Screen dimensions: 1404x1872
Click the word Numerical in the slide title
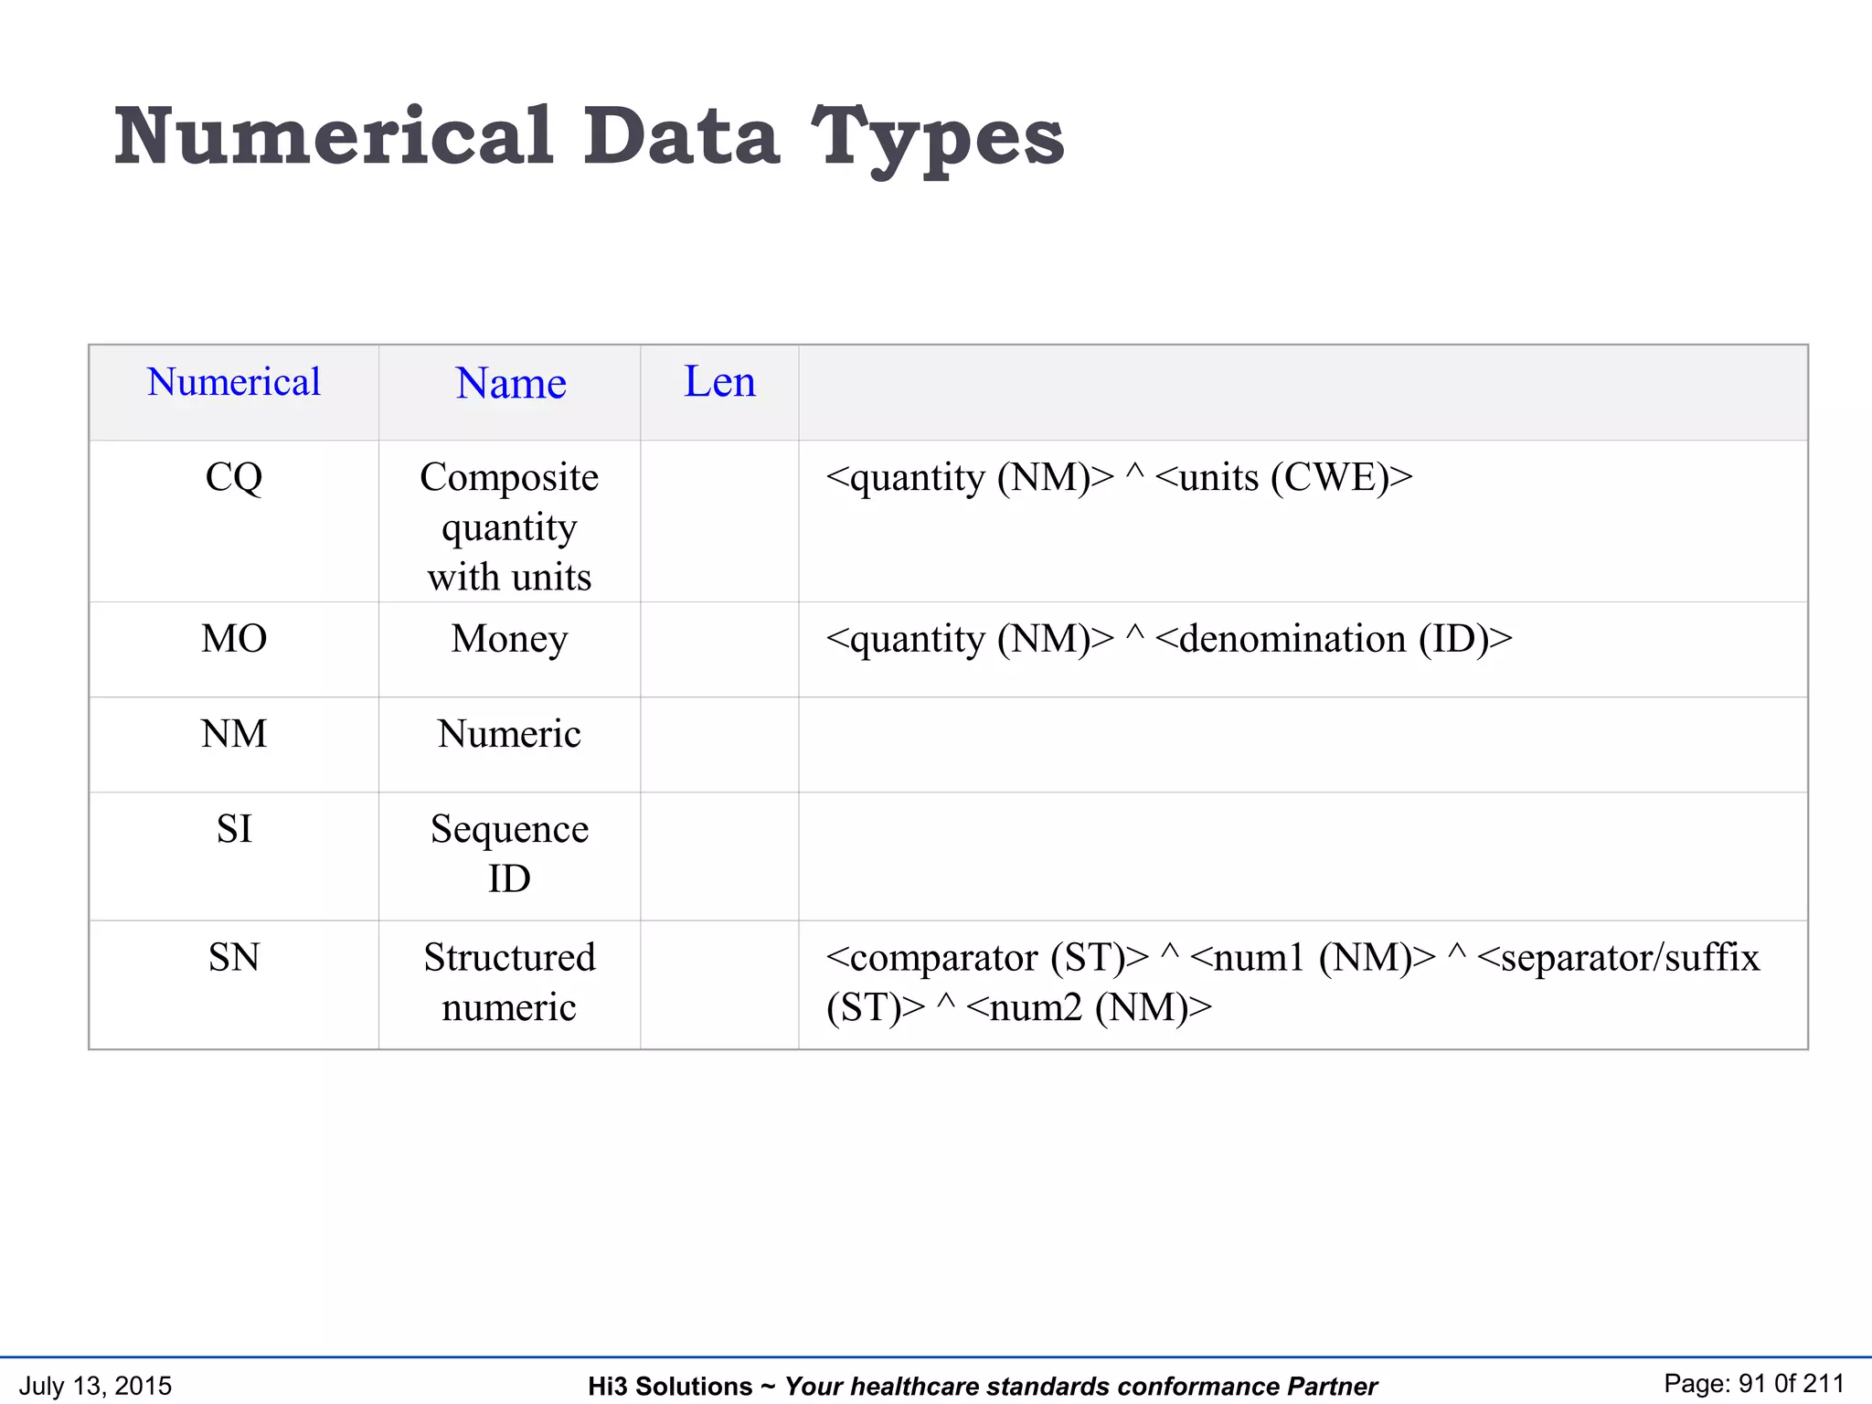pyautogui.click(x=334, y=137)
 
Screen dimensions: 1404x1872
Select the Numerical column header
pyautogui.click(x=233, y=382)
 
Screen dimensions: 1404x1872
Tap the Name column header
pyautogui.click(x=511, y=383)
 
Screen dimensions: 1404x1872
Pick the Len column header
pyautogui.click(x=719, y=382)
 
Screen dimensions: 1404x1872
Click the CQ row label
pyautogui.click(x=234, y=477)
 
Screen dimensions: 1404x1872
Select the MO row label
pyautogui.click(x=234, y=638)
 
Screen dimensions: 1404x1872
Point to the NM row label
pyautogui.click(x=234, y=734)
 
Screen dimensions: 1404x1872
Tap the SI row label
pyautogui.click(x=234, y=829)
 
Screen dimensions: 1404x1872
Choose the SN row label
pyautogui.click(x=234, y=958)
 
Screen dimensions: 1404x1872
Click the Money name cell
pyautogui.click(x=509, y=639)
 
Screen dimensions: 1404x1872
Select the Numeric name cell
pyautogui.click(x=509, y=734)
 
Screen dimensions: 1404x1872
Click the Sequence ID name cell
pyautogui.click(x=509, y=854)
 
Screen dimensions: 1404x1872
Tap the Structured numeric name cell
pyautogui.click(x=509, y=983)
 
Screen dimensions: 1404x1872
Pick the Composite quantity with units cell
pyautogui.click(x=509, y=527)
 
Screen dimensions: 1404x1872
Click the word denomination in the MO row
pyautogui.click(x=1292, y=639)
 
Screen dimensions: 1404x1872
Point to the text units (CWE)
pyautogui.click(x=1283, y=477)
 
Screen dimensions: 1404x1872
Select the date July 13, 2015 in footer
pyautogui.click(x=95, y=1386)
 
